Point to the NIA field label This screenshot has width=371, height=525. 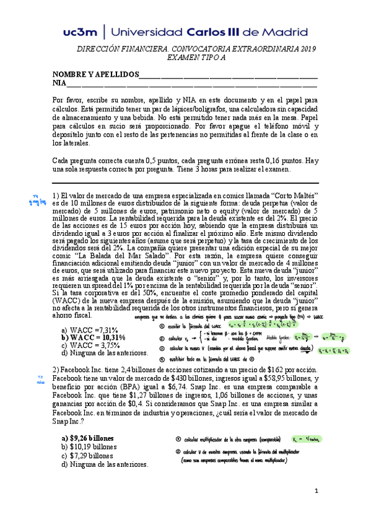59,84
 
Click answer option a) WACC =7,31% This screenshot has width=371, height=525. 90,330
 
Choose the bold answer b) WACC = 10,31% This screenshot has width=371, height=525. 94,337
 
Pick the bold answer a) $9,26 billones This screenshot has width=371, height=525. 87,438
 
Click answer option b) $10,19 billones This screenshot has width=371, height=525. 89,446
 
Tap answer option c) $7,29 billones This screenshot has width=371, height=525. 87,455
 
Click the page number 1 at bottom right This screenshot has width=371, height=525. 316,509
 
